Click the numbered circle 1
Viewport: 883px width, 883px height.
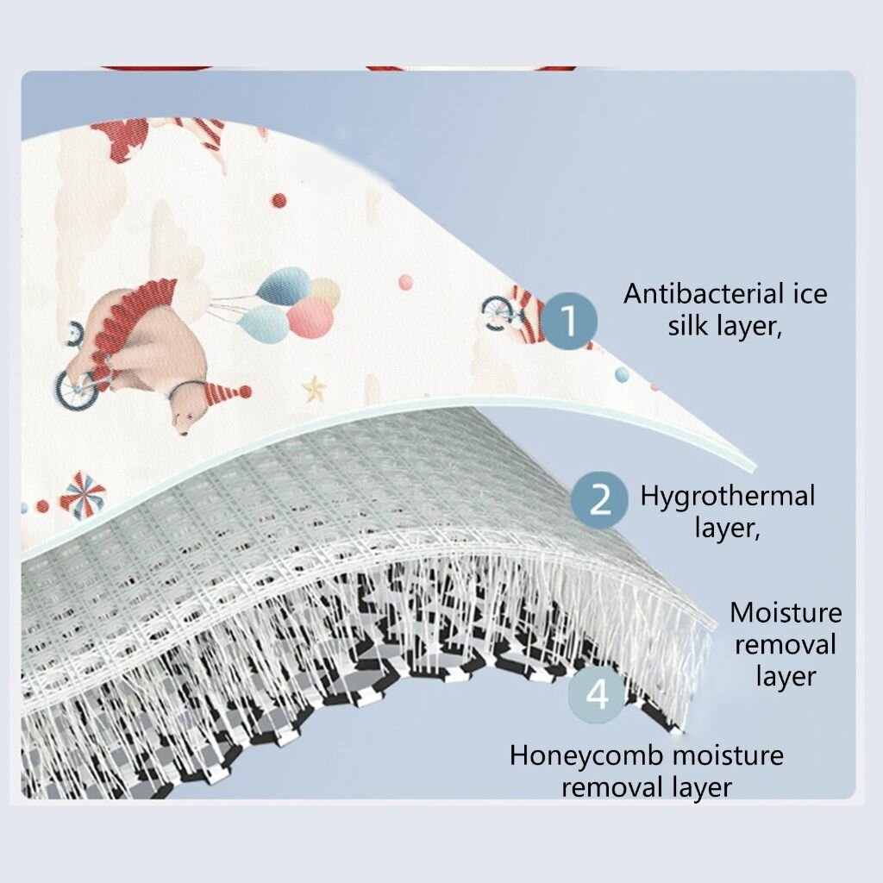coord(569,320)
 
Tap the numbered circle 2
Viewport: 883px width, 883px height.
coord(600,499)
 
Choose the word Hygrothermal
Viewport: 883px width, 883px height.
coord(727,497)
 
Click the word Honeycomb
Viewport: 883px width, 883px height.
coord(587,755)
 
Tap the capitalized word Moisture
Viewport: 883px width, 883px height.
coord(786,613)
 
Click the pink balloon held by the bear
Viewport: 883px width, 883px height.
coord(310,317)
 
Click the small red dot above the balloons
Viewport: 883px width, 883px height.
coord(279,201)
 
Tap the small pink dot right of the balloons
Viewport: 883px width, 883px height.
coord(404,281)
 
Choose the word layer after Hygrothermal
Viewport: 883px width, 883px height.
coord(727,528)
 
